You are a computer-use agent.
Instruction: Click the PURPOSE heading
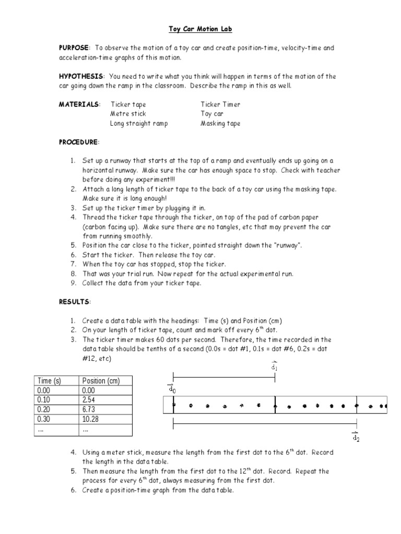pyautogui.click(x=74, y=48)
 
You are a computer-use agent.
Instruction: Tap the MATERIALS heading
pyautogui.click(x=79, y=104)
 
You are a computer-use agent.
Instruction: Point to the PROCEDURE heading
pyautogui.click(x=78, y=142)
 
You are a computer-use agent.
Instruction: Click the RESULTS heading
pyautogui.click(x=74, y=302)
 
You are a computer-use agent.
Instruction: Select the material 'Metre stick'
pyautogui.click(x=128, y=114)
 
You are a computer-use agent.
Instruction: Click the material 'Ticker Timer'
pyautogui.click(x=220, y=104)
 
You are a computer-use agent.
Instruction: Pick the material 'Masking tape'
pyautogui.click(x=220, y=124)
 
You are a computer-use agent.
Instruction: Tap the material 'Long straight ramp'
pyautogui.click(x=139, y=124)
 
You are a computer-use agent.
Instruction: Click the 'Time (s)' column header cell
pyautogui.click(x=49, y=381)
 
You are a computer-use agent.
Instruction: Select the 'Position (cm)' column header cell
pyautogui.click(x=101, y=381)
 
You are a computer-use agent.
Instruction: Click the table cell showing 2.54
pyautogui.click(x=90, y=399)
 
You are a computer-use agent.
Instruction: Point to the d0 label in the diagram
pyautogui.click(x=171, y=389)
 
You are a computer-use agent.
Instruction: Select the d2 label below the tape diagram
pyautogui.click(x=356, y=437)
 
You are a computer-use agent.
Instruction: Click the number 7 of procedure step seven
pyautogui.click(x=73, y=264)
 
